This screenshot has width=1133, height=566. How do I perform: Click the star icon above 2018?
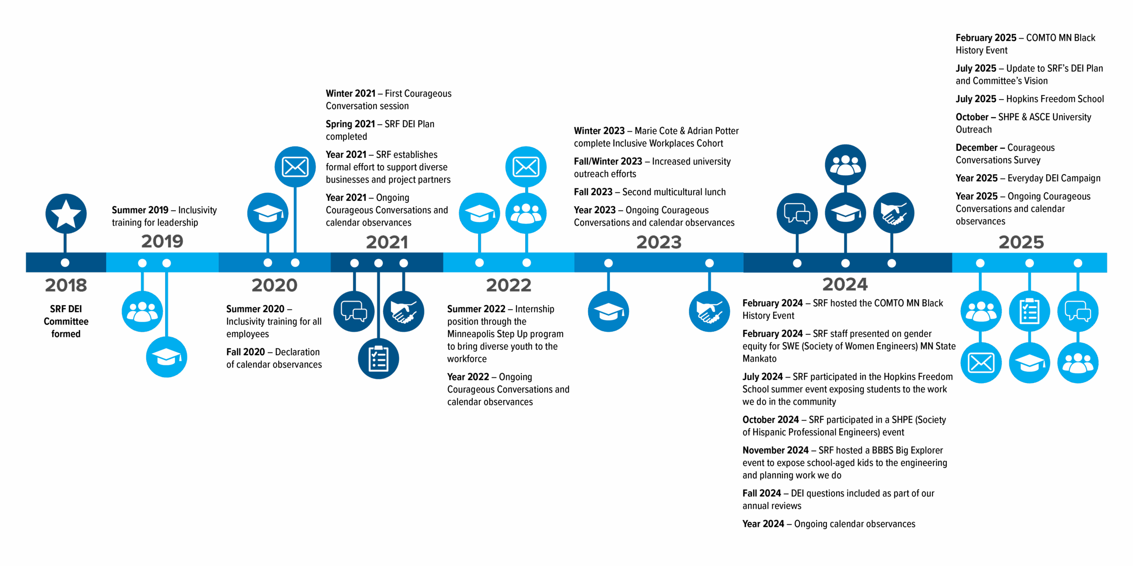pyautogui.click(x=66, y=214)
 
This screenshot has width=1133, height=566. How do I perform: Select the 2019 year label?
pyautogui.click(x=162, y=241)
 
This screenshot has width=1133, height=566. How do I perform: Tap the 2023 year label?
pyautogui.click(x=659, y=242)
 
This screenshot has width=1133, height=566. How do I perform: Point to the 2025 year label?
pyautogui.click(x=1021, y=242)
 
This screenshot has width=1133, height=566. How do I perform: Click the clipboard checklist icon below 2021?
pyautogui.click(x=378, y=359)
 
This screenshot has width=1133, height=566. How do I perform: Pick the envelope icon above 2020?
pyautogui.click(x=295, y=167)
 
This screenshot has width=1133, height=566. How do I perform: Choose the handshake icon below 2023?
pyautogui.click(x=709, y=311)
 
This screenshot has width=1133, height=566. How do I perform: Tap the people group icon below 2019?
pyautogui.click(x=142, y=311)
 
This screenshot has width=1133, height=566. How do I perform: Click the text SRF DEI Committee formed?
pyautogui.click(x=66, y=321)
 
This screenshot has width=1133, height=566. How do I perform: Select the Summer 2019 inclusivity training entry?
pyautogui.click(x=164, y=216)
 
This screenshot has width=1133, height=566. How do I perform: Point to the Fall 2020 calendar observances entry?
pyautogui.click(x=274, y=358)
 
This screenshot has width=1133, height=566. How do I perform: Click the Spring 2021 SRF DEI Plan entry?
pyautogui.click(x=380, y=130)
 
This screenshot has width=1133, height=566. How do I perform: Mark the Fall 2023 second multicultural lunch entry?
pyautogui.click(x=650, y=192)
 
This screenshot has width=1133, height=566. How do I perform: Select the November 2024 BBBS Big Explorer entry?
pyautogui.click(x=844, y=463)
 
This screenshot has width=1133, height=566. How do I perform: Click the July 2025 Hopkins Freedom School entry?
pyautogui.click(x=1029, y=99)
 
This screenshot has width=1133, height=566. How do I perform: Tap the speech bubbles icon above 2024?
pyautogui.click(x=797, y=214)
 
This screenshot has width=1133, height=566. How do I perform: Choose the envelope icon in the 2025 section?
pyautogui.click(x=981, y=363)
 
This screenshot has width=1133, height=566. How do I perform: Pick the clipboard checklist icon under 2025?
pyautogui.click(x=1029, y=311)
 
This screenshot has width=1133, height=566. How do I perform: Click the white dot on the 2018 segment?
pyautogui.click(x=65, y=263)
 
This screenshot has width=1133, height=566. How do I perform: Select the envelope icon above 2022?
pyautogui.click(x=526, y=167)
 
